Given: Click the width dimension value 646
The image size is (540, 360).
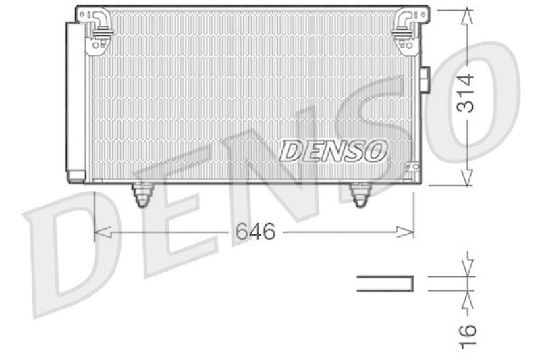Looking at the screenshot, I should coord(255,232).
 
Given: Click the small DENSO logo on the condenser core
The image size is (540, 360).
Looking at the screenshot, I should coord(333,150).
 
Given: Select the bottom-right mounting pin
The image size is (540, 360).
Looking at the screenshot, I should coord(360,195).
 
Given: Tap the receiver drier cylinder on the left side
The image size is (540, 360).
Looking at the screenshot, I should coord(75,101).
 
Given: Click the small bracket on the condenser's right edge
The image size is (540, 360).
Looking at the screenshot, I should coord(425,79).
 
